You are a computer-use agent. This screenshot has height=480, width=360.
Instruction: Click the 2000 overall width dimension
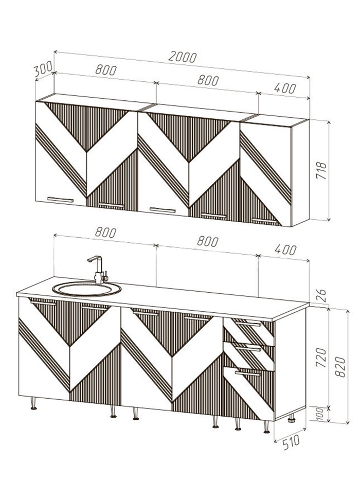[x=183, y=57]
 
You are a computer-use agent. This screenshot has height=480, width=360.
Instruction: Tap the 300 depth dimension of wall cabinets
[x=43, y=69]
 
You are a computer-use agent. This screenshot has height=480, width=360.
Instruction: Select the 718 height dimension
[x=321, y=171]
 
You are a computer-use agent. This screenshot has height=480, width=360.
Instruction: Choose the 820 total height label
[x=340, y=367]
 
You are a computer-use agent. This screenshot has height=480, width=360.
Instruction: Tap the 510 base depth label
[x=291, y=442]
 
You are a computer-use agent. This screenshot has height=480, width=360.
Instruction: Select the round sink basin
[x=86, y=289]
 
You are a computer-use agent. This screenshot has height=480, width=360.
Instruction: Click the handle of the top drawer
[x=248, y=324]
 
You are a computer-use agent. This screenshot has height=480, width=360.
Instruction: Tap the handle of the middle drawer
[x=248, y=348]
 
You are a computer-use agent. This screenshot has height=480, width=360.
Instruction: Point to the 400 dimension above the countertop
[x=285, y=250]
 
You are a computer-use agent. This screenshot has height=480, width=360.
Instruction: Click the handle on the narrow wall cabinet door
[x=265, y=221]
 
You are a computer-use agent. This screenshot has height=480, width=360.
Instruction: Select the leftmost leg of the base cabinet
[x=33, y=403]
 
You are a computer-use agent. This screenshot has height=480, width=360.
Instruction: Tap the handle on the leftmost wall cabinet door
[x=60, y=200]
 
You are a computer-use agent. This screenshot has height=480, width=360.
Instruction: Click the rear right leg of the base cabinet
[x=291, y=418]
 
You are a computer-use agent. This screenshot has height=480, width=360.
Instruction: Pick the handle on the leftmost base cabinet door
[x=43, y=303]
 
